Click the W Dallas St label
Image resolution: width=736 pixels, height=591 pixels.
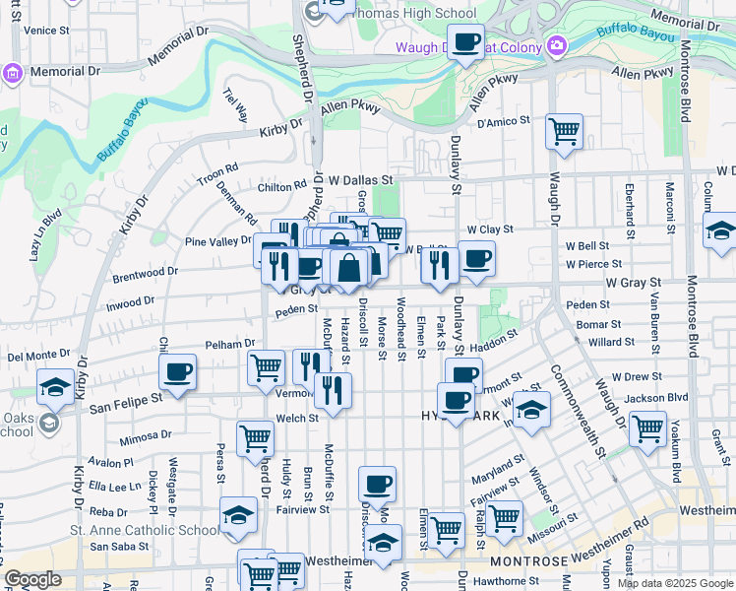click(360, 181)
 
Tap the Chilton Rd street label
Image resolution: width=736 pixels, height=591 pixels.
click(283, 187)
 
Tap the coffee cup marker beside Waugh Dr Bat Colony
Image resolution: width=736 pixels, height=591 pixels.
click(466, 43)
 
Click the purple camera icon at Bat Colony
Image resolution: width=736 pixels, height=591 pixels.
click(557, 46)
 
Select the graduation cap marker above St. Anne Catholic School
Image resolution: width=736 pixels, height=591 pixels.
click(238, 517)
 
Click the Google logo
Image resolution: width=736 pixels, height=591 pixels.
click(32, 579)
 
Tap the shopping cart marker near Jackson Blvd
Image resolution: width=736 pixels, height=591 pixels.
click(647, 429)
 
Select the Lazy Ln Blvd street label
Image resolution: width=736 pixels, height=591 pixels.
click(45, 234)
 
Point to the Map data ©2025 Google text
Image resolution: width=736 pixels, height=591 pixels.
click(675, 583)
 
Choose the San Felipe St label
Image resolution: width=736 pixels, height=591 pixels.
click(125, 403)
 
